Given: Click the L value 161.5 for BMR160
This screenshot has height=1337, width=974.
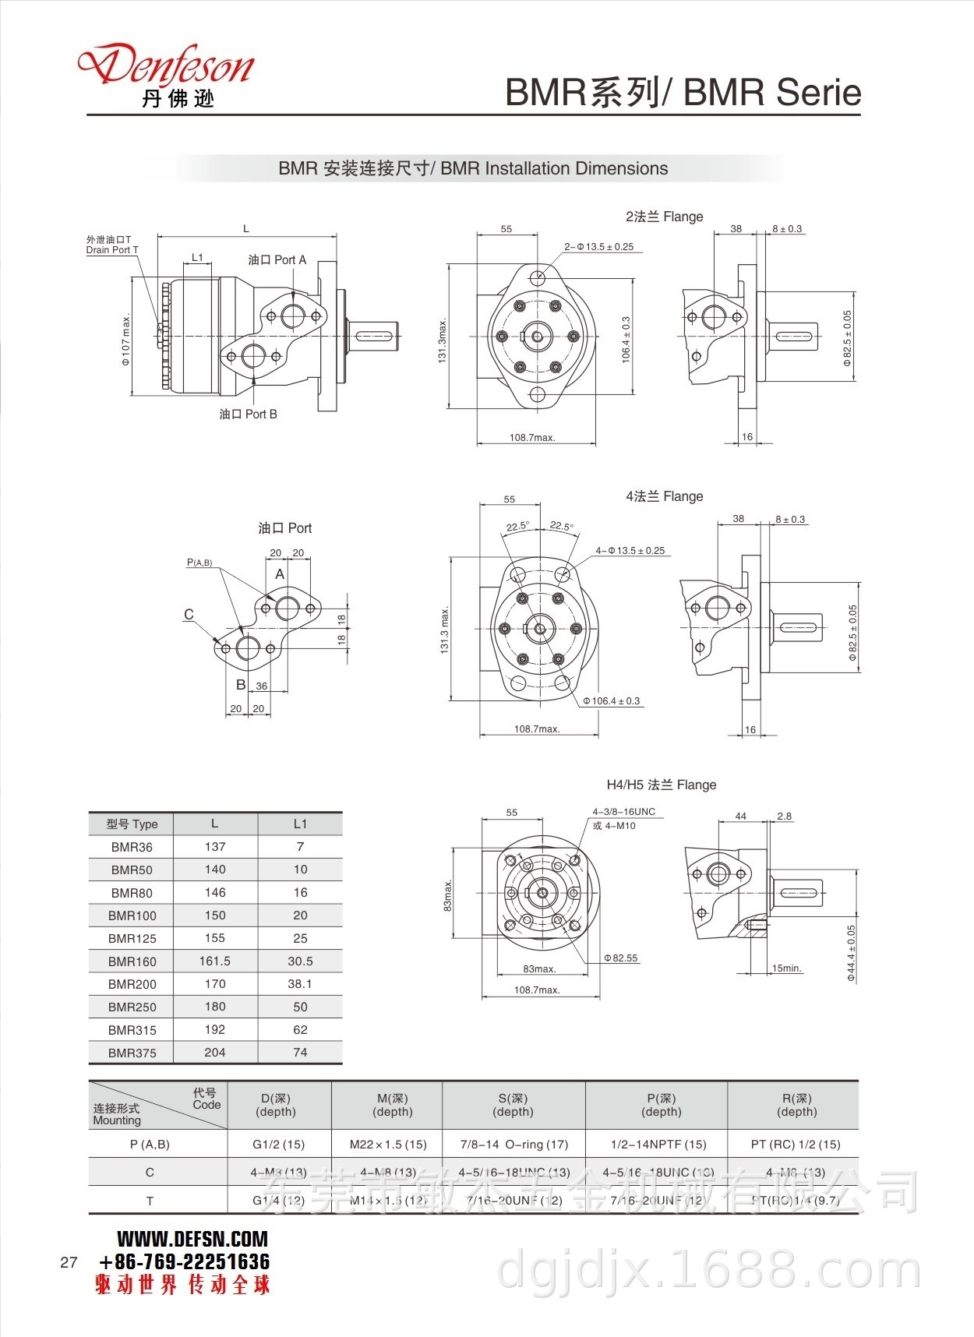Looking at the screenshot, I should click(x=215, y=961).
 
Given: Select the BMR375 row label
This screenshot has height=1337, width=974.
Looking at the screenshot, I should click(x=132, y=1053).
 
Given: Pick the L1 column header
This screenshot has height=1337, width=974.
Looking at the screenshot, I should click(x=300, y=824).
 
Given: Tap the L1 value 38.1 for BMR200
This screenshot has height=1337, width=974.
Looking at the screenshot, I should click(x=300, y=984).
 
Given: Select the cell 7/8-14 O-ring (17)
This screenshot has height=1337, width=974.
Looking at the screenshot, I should click(x=513, y=1145).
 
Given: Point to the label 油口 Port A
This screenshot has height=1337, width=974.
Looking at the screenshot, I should click(x=277, y=260).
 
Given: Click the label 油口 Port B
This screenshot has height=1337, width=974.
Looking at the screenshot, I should click(x=248, y=415).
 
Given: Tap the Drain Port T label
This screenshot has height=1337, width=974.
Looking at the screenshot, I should click(x=111, y=250).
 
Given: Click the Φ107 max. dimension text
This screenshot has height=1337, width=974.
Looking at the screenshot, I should click(x=125, y=340).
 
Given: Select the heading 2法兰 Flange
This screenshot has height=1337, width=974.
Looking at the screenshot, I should click(x=664, y=217).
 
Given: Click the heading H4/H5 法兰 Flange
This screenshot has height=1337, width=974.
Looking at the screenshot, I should click(x=661, y=785).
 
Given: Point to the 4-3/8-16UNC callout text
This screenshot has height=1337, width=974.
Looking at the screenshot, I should click(x=623, y=812).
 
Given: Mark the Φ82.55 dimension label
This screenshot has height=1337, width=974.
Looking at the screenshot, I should click(x=621, y=958).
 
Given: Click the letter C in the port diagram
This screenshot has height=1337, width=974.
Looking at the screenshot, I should click(x=189, y=615).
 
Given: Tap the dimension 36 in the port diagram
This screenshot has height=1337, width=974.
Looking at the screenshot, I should click(x=262, y=686).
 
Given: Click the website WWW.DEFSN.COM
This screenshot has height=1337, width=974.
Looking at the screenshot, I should click(x=192, y=1239).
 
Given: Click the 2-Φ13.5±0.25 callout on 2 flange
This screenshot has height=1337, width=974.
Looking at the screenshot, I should click(x=598, y=247).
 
